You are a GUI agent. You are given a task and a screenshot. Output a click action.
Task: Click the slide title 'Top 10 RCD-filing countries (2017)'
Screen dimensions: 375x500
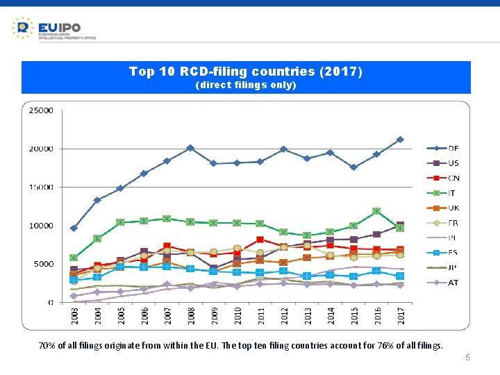point(246,72)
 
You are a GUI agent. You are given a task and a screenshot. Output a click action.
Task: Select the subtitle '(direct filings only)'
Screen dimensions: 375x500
point(246,85)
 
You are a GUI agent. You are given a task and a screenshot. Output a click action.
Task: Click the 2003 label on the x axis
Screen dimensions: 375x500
point(74,316)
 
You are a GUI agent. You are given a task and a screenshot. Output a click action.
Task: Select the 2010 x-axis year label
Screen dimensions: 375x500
point(237,316)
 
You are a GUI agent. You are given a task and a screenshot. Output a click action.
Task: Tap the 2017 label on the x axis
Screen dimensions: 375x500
point(400,316)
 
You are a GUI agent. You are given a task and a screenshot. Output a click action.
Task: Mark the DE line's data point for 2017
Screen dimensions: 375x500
point(400,140)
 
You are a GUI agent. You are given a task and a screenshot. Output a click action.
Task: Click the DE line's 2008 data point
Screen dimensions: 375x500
point(190,148)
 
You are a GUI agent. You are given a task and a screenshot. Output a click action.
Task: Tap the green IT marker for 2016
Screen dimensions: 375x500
point(376,211)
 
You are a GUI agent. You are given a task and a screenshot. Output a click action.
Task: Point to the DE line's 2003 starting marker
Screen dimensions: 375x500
point(74,228)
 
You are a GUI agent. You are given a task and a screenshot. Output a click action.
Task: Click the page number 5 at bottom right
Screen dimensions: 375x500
point(467,358)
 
